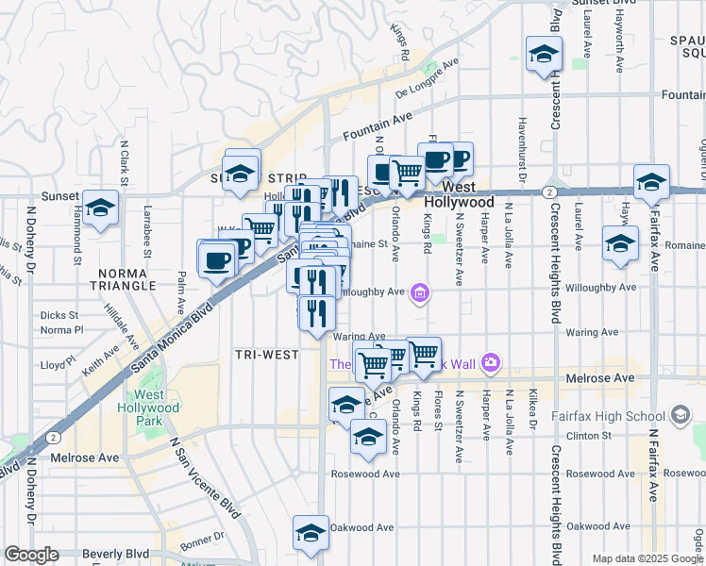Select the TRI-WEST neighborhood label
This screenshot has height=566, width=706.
click(x=267, y=355)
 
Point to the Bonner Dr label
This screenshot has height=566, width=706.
click(x=201, y=541)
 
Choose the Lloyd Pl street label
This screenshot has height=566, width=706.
click(x=58, y=363)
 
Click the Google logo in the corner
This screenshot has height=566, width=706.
click(x=32, y=555)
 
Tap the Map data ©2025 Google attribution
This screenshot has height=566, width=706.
click(x=647, y=558)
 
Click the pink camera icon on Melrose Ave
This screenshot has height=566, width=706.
click(x=489, y=361)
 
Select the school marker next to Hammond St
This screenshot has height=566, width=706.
click(x=99, y=209)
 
